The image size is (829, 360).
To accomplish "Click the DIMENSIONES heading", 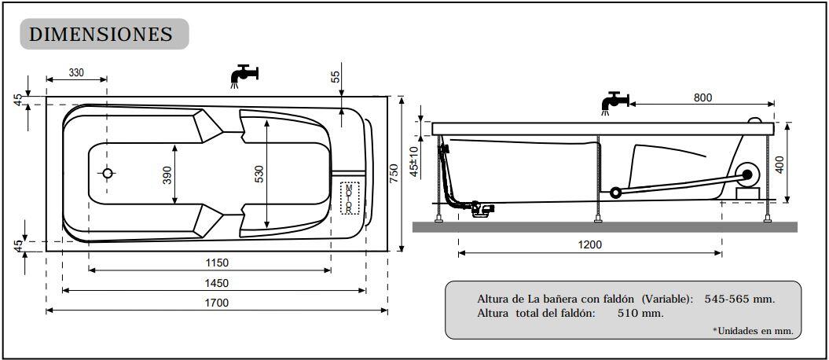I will click(101, 35).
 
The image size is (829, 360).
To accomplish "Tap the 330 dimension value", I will click(76, 72).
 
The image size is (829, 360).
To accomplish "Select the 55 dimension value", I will click(336, 76).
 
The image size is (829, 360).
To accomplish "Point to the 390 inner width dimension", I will click(167, 174).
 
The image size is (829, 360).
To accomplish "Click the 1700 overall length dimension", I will click(217, 303).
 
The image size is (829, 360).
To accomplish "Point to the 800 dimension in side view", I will click(702, 97).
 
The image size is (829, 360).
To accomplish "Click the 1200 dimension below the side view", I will click(589, 244).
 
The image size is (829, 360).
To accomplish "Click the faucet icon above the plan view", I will click(244, 75).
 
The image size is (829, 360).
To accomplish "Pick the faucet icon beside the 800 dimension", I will click(614, 102).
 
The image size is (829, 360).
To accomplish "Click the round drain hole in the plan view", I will click(108, 173).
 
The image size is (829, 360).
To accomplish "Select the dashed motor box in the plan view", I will click(349, 198).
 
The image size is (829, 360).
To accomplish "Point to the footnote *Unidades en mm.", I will click(752, 331).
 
